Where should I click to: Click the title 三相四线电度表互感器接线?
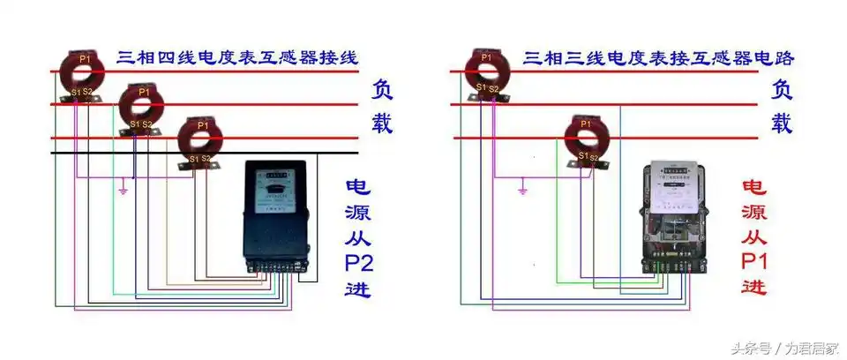click(237, 58)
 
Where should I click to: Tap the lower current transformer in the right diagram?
click(584, 138)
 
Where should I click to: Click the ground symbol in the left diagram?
click(124, 189)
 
